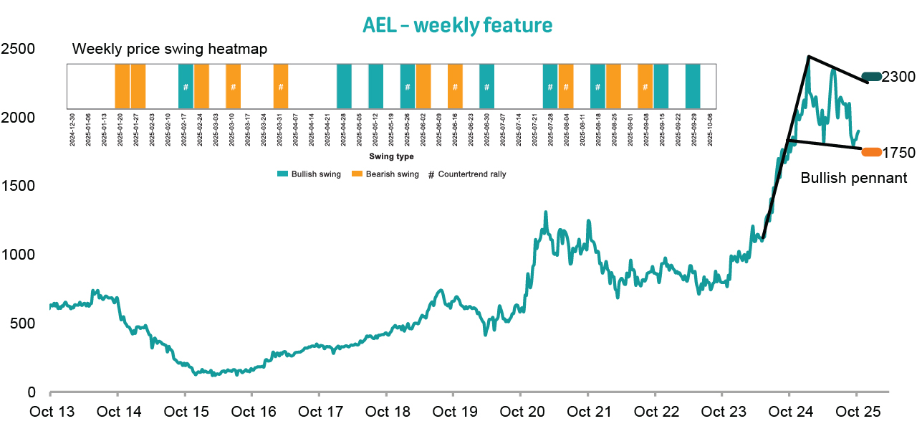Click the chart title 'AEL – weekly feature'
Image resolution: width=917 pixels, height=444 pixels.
[x=458, y=25]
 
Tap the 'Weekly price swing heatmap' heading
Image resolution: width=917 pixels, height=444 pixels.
[x=170, y=49]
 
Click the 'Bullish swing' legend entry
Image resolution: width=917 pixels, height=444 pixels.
[x=309, y=174]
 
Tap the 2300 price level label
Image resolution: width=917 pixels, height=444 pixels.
[x=898, y=77]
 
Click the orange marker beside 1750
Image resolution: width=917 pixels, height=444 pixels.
[x=871, y=152]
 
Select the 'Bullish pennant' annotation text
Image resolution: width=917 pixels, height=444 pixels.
[x=853, y=178]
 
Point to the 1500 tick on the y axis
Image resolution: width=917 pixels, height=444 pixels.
[x=16, y=186]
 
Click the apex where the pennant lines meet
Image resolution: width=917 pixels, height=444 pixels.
[x=808, y=56]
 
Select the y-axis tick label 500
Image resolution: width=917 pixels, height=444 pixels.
[x=21, y=324]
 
